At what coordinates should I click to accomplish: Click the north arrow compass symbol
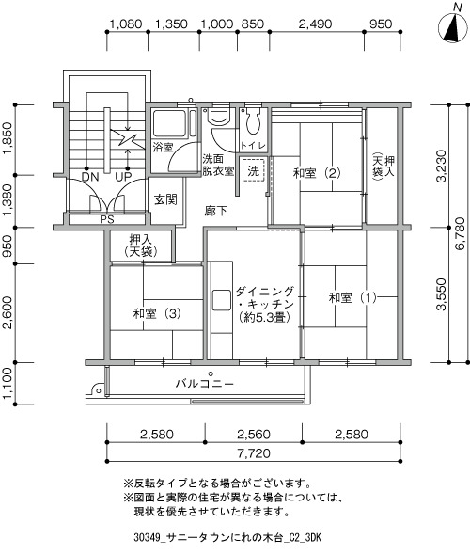click(x=452, y=27)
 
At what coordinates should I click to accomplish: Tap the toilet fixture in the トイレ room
click(x=253, y=120)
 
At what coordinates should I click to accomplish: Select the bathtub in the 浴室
click(x=169, y=123)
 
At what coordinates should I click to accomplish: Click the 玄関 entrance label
click(x=165, y=200)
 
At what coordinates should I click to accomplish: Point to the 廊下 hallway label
click(x=215, y=212)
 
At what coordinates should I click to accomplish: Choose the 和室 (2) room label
click(x=317, y=173)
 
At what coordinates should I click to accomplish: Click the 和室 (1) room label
click(x=352, y=297)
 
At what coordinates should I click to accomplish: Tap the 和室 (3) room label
click(x=157, y=313)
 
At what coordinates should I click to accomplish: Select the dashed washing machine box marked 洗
click(x=254, y=171)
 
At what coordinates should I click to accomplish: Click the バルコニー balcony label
click(x=205, y=384)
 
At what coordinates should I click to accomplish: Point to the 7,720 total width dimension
click(x=254, y=453)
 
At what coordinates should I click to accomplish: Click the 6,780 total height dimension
click(x=460, y=233)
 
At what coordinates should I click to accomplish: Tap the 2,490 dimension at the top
click(x=316, y=24)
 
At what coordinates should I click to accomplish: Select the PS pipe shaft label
click(x=107, y=219)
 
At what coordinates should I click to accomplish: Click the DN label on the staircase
click(x=90, y=177)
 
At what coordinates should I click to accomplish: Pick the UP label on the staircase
click(x=123, y=177)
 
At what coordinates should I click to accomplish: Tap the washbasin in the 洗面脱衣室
click(x=219, y=117)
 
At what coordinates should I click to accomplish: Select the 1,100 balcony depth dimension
click(x=8, y=383)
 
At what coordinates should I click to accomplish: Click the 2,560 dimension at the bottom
click(x=254, y=435)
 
